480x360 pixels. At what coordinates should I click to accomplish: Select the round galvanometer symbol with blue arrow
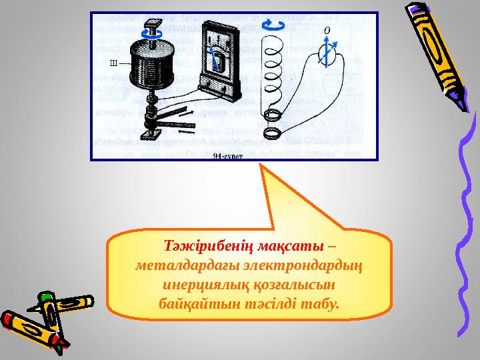click(x=327, y=53)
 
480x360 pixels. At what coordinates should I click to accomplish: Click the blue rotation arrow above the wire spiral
click(x=272, y=25)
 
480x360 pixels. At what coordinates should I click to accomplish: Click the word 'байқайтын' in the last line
click(x=192, y=304)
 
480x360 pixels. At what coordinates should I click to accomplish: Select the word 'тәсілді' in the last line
click(x=262, y=304)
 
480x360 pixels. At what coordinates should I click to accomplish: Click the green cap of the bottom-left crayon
click(x=46, y=297)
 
